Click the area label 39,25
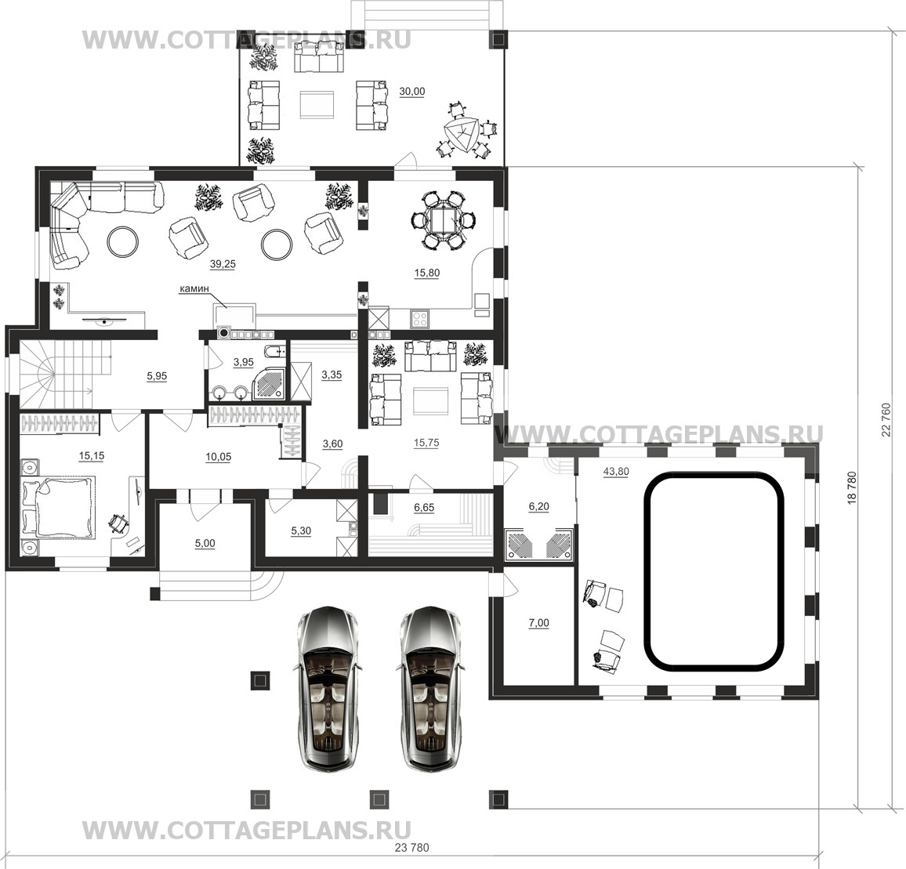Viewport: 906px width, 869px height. [223, 264]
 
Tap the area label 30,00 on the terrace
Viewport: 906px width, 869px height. [412, 92]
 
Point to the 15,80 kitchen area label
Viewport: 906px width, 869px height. [426, 273]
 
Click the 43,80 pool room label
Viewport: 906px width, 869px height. [616, 472]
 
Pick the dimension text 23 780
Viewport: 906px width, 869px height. [412, 848]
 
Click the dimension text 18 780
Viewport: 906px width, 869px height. [852, 490]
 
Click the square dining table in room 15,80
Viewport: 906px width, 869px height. [444, 221]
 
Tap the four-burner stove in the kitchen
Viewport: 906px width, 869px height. [419, 318]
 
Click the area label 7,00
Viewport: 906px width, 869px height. [539, 623]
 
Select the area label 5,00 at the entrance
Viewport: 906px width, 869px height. [205, 543]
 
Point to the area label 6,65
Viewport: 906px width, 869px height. [424, 507]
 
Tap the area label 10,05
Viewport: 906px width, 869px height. [219, 457]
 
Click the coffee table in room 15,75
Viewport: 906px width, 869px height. [431, 400]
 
